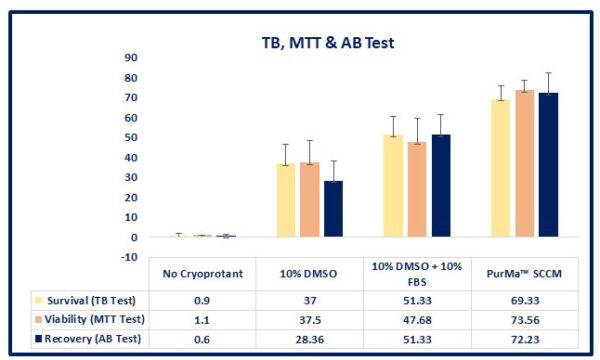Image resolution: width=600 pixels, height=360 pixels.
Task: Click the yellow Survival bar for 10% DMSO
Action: click(258, 200)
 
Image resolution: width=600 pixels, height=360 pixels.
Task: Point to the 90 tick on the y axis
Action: click(130, 57)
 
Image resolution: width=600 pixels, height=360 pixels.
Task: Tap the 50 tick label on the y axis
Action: click(130, 138)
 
